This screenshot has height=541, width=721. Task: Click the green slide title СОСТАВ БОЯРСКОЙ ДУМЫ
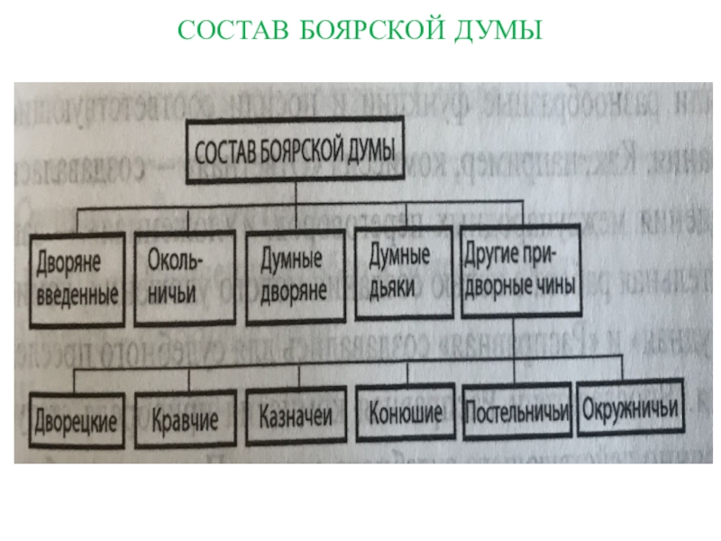pyautogui.click(x=360, y=32)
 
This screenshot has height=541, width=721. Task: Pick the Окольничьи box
pyautogui.click(x=184, y=278)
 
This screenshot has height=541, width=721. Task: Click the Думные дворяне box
pyautogui.click(x=294, y=278)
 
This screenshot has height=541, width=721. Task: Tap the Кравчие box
pyautogui.click(x=186, y=418)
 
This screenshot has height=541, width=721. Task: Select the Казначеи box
pyautogui.click(x=296, y=417)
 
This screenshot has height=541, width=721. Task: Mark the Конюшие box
pyautogui.click(x=406, y=415)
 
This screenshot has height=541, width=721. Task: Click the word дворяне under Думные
pyautogui.click(x=292, y=291)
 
